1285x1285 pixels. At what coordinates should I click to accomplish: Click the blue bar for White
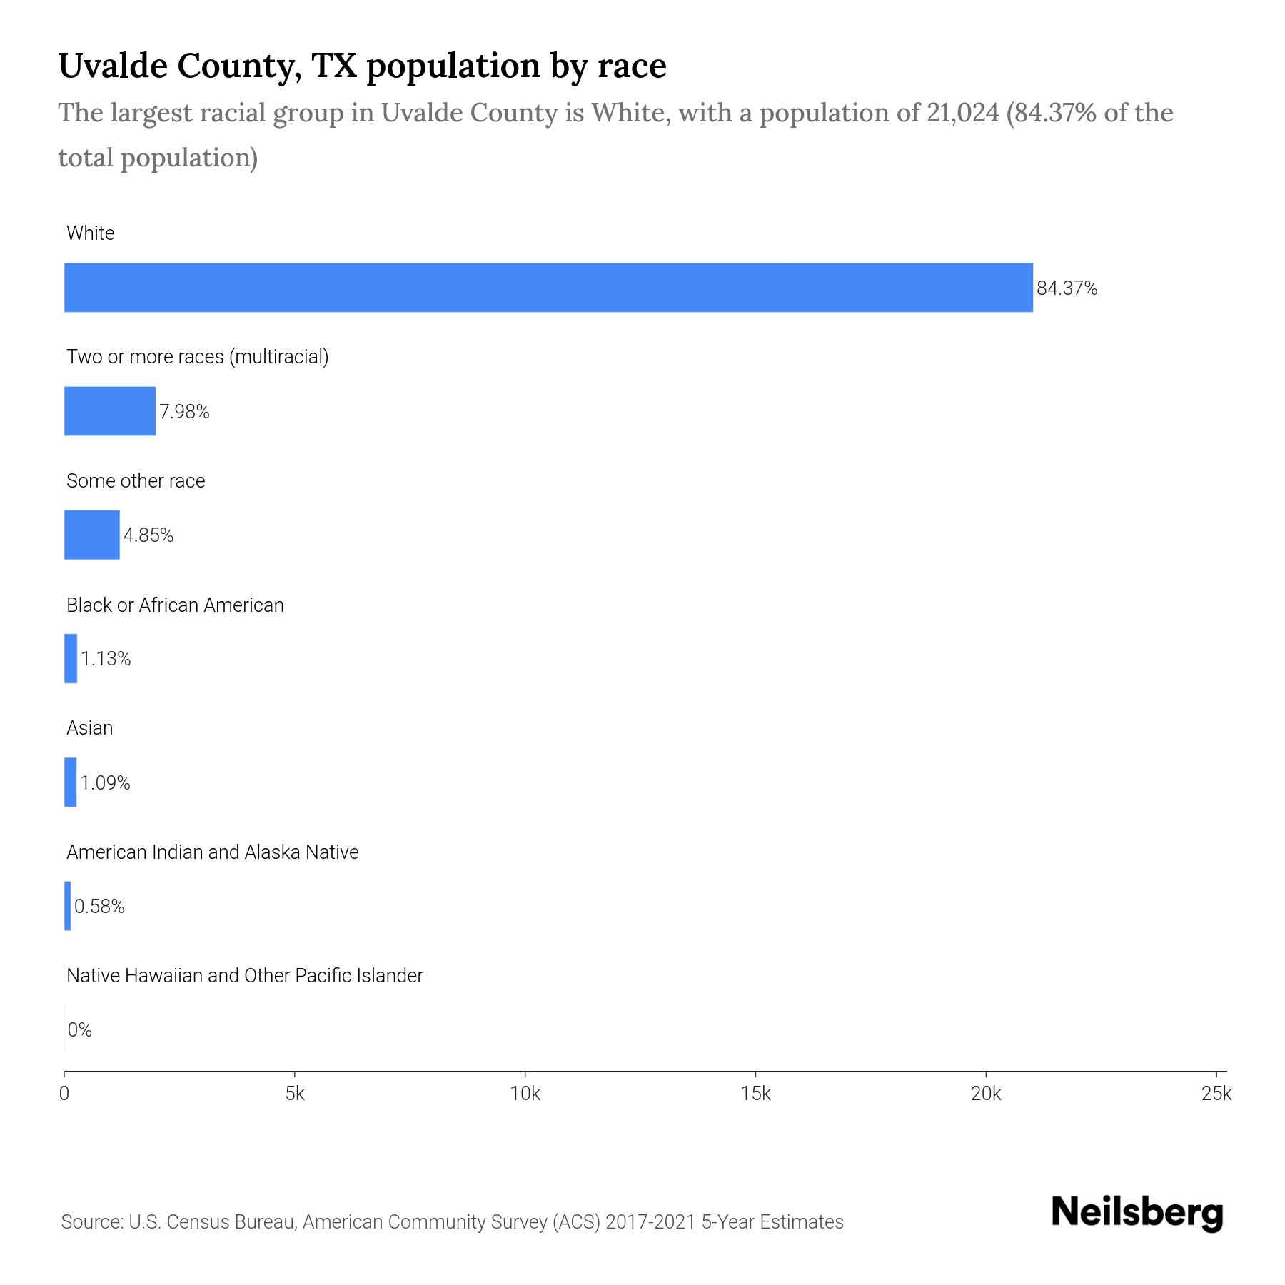click(x=548, y=288)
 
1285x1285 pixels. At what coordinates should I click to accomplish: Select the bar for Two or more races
click(x=110, y=411)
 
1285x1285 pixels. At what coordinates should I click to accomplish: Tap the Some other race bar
click(x=92, y=535)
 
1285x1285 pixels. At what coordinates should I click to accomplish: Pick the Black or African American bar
click(x=71, y=658)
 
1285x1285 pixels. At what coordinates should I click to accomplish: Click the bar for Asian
click(x=71, y=782)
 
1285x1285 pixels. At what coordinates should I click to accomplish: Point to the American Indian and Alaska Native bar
click(x=68, y=906)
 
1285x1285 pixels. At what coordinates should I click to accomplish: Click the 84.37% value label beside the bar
click(x=1067, y=288)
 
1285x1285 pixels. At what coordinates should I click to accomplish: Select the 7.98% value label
click(x=184, y=412)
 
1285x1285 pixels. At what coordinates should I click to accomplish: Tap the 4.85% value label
click(x=148, y=535)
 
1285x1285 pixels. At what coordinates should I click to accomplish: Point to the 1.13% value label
click(x=106, y=659)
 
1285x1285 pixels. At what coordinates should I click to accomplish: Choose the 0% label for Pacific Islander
click(x=80, y=1030)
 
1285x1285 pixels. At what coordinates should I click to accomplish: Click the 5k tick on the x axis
click(x=295, y=1094)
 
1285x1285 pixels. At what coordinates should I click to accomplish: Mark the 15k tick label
click(x=755, y=1094)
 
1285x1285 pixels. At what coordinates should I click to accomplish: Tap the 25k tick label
click(x=1216, y=1094)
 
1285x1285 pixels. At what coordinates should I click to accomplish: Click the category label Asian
click(x=90, y=728)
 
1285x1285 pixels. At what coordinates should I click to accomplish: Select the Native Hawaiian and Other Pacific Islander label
click(x=244, y=976)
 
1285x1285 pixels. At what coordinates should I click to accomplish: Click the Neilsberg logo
click(x=1137, y=1214)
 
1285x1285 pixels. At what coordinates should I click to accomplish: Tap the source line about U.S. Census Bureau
click(x=453, y=1222)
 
